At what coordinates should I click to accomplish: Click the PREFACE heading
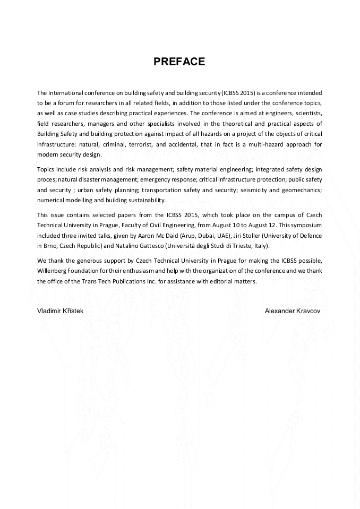179,62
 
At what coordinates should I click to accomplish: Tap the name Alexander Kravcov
293,310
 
